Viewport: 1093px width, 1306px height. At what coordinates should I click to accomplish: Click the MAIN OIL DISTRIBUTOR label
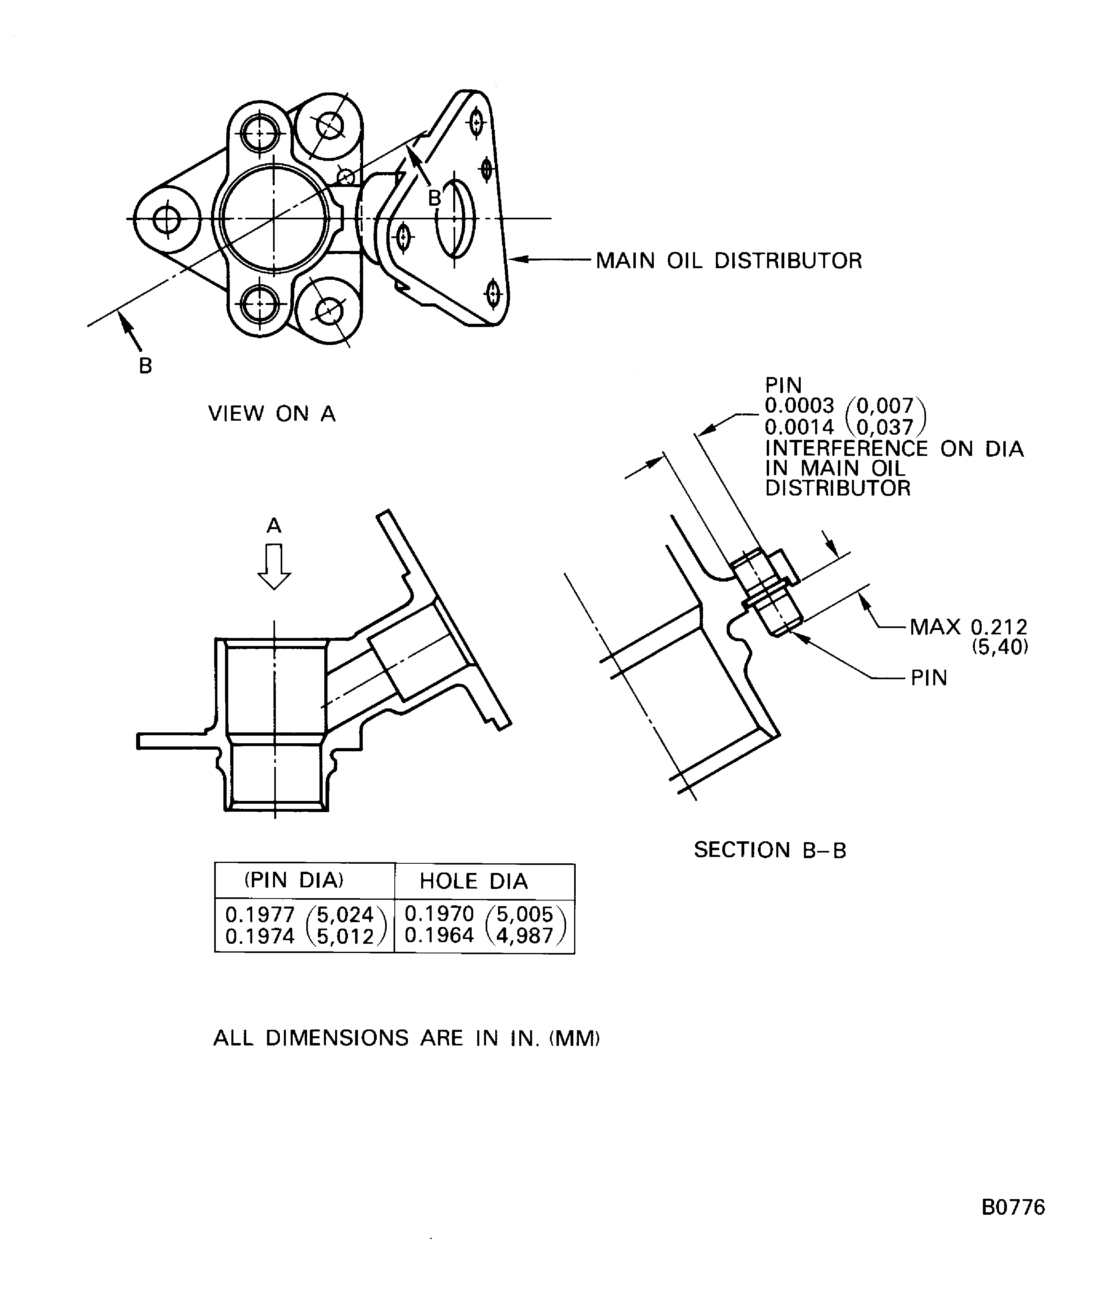728,261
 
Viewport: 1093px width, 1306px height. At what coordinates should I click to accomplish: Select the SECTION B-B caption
770,850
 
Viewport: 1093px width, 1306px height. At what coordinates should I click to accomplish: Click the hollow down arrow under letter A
274,566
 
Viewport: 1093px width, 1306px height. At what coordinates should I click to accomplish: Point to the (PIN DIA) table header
293,880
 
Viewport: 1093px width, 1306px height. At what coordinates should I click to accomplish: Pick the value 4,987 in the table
524,935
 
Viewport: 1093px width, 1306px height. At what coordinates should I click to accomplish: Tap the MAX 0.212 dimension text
968,627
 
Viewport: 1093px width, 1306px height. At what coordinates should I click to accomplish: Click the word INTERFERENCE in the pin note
846,448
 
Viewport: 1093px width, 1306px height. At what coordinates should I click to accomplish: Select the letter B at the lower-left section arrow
145,366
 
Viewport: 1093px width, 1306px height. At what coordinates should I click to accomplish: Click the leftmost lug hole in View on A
167,219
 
